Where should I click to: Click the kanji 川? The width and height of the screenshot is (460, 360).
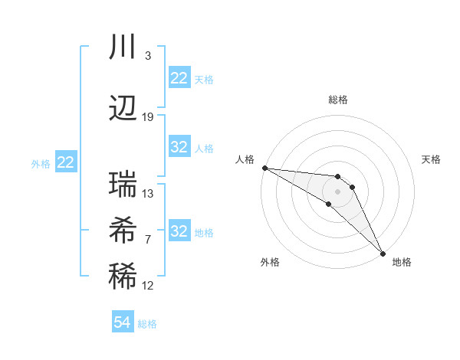(123, 48)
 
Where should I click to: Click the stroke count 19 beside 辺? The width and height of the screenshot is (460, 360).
(148, 117)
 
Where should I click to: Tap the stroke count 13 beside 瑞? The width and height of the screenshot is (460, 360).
(148, 194)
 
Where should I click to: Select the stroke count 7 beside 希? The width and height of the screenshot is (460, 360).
(148, 240)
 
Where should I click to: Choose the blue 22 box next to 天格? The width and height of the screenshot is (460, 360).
(179, 78)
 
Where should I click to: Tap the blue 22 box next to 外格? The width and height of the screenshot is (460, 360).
(65, 162)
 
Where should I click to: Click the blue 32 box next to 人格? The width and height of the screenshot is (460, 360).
(179, 147)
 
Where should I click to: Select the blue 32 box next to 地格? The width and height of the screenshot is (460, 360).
(179, 231)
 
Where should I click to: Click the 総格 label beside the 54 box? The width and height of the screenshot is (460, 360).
(147, 324)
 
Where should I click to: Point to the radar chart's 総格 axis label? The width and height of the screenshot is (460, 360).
(338, 100)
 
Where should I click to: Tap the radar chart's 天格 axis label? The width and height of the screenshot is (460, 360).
(432, 159)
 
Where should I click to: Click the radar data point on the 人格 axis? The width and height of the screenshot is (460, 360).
(264, 168)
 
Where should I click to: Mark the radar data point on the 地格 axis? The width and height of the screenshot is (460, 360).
(383, 253)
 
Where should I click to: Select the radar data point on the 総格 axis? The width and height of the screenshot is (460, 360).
(338, 177)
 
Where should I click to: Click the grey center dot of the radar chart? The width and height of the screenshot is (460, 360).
(338, 191)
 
